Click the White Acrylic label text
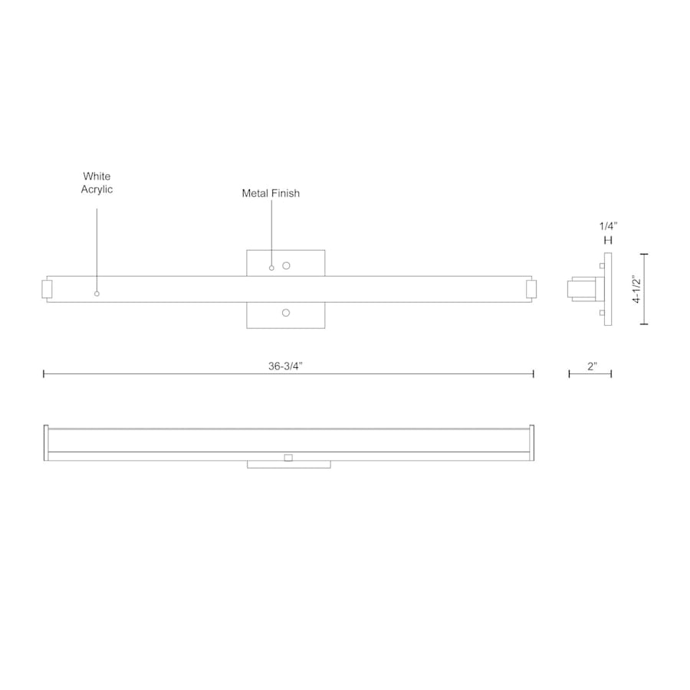click(97, 182)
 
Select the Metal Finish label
click(271, 194)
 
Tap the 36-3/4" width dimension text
click(286, 366)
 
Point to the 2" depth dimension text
click(592, 366)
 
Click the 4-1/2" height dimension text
click(636, 289)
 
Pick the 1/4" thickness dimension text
click(608, 226)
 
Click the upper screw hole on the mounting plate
click(286, 265)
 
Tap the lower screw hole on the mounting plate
click(286, 313)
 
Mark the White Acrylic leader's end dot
click(97, 294)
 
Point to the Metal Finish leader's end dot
click(271, 268)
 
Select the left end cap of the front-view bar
click(46, 289)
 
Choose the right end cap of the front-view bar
click(531, 289)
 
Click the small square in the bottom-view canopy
click(288, 458)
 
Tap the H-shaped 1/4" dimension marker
click(608, 241)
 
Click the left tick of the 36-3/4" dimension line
click(44, 373)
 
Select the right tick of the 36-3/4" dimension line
click(534, 373)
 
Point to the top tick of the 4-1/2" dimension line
click(643, 254)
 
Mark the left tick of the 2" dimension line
click(569, 373)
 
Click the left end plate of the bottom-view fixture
click(46, 443)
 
